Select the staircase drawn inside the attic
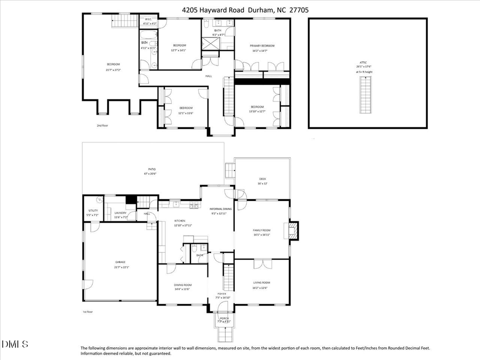click(x=366, y=93)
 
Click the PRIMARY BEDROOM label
click(x=262, y=46)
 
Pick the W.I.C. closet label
click(x=149, y=20)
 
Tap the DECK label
click(x=262, y=179)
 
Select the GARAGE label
click(x=121, y=262)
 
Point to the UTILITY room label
click(x=93, y=211)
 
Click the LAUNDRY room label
click(x=119, y=213)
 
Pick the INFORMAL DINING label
click(x=219, y=209)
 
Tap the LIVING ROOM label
click(x=261, y=283)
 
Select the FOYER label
click(x=221, y=294)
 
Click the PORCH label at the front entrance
click(x=225, y=318)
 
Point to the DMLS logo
click(x=15, y=343)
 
